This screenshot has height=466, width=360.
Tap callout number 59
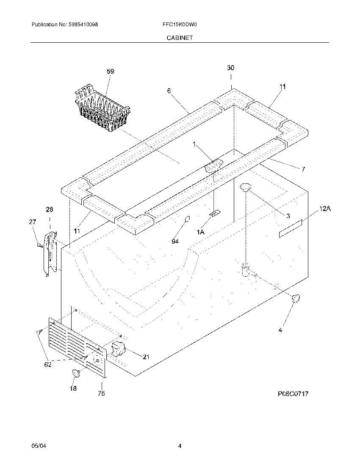110,72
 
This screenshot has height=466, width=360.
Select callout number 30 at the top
231,68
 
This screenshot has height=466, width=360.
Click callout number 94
175,241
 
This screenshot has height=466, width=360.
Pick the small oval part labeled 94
186,219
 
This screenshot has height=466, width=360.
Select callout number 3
288,216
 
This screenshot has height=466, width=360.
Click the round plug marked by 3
245,186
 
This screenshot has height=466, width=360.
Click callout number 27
33,222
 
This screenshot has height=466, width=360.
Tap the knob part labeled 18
77,373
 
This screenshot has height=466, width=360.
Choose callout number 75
101,394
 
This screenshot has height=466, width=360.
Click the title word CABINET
180,38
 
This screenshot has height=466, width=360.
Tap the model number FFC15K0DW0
180,25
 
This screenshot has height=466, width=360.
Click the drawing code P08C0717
293,394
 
